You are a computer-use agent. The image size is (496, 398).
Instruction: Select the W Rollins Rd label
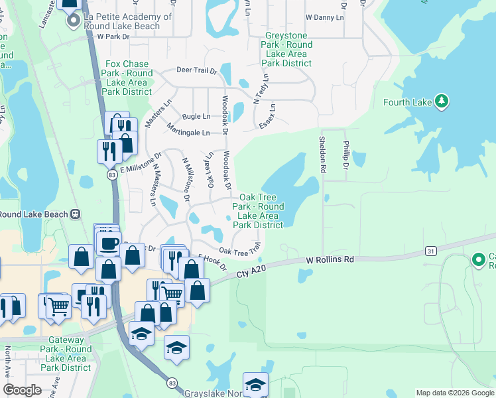(330, 260)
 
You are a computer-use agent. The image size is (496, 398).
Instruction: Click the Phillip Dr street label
(345, 154)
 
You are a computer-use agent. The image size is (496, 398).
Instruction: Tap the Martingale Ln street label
(188, 129)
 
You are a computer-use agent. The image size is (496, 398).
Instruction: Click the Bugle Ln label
(196, 115)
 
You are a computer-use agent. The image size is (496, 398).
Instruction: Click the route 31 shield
(431, 251)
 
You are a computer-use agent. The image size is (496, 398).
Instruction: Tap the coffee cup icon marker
(108, 243)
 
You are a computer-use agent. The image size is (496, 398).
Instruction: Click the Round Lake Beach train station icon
(76, 214)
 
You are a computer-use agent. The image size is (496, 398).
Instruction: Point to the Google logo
(23, 390)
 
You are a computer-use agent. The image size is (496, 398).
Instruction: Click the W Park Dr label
(111, 36)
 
